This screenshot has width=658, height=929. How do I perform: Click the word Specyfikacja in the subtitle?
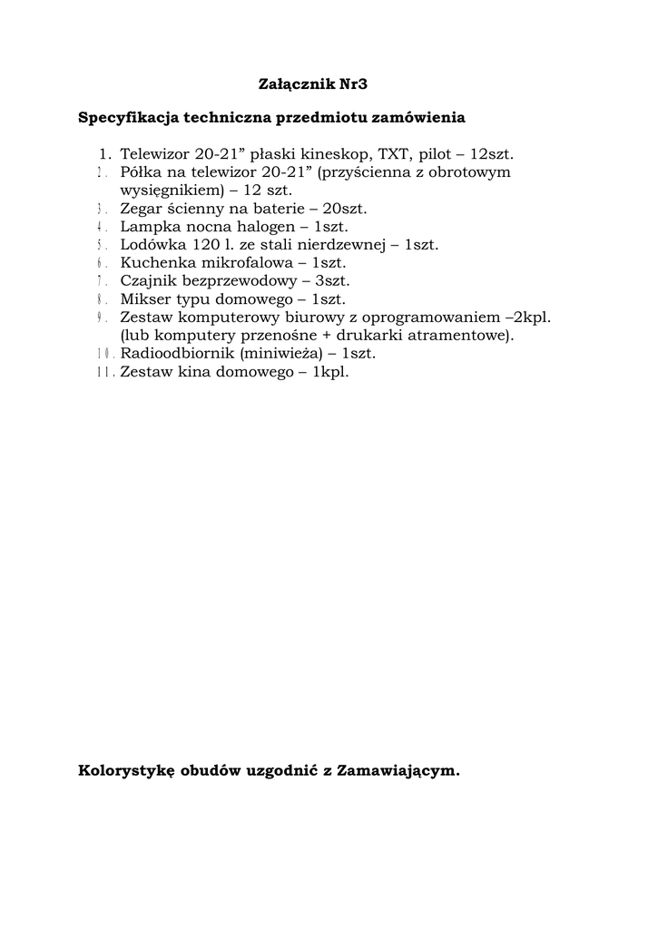coord(128,118)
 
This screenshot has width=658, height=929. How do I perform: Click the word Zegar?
coord(140,209)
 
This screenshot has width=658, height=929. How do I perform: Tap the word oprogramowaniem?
coord(430,318)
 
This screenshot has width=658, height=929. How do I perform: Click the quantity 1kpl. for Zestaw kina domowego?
coord(331,372)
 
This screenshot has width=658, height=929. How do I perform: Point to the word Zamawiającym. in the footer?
coord(398,772)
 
